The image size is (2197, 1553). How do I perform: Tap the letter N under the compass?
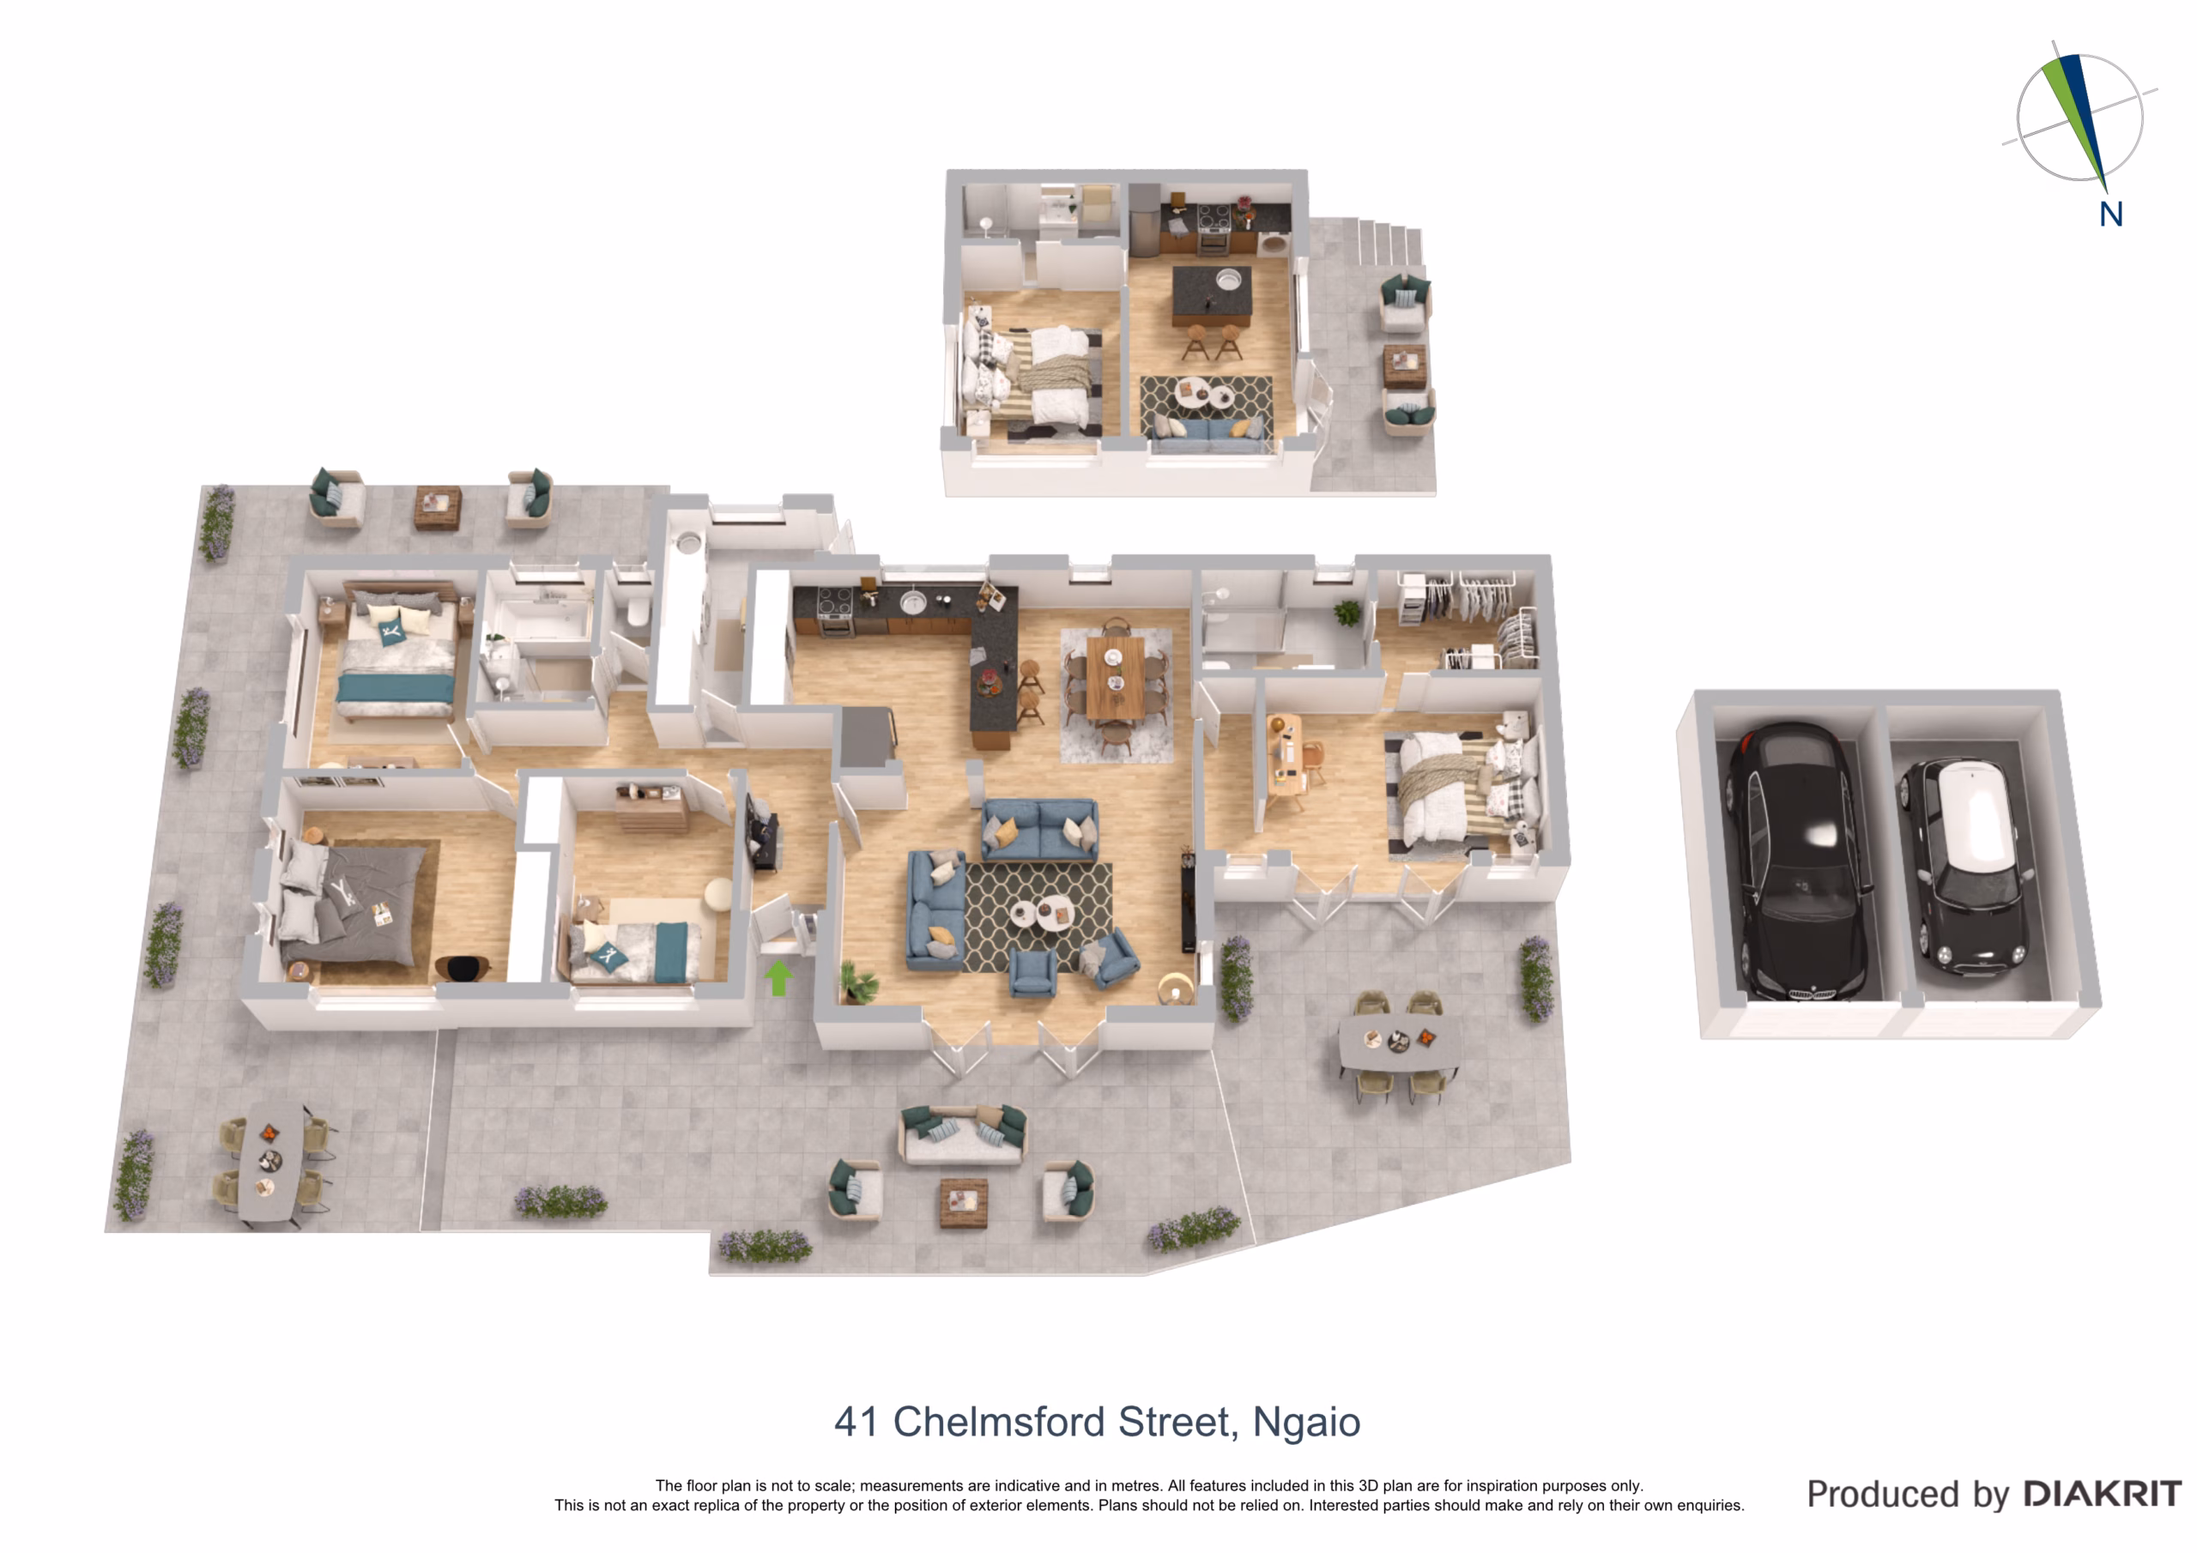tap(2111, 215)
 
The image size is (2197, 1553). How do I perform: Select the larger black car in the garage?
tap(1798, 861)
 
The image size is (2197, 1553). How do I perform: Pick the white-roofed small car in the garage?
tap(1966, 861)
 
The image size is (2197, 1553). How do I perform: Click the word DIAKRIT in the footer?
tap(2103, 1494)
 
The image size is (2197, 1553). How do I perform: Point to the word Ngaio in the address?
tap(1306, 1423)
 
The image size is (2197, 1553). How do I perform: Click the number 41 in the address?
tap(856, 1422)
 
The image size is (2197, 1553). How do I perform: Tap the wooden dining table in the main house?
tap(1116, 676)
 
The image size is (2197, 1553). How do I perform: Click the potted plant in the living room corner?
tap(857, 982)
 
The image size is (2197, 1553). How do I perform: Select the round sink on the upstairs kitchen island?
tap(1228, 280)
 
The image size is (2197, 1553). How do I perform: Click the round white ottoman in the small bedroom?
tap(717, 895)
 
